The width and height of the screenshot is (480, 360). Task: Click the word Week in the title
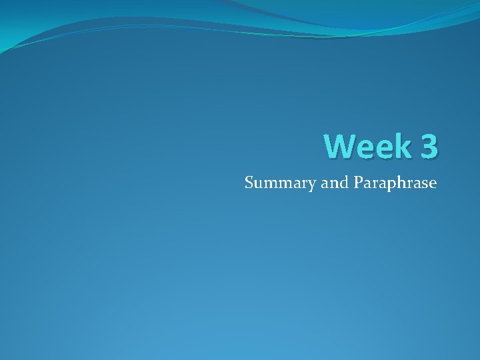pos(367,146)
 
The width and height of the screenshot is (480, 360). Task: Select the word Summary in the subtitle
pos(280,183)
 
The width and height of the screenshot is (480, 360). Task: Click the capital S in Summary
pos(249,182)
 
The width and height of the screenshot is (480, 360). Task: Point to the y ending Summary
pos(313,185)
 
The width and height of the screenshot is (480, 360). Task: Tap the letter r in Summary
pos(305,183)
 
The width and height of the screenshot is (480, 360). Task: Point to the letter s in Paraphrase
pos(424,183)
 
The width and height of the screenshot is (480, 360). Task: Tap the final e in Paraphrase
pos(433,183)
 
